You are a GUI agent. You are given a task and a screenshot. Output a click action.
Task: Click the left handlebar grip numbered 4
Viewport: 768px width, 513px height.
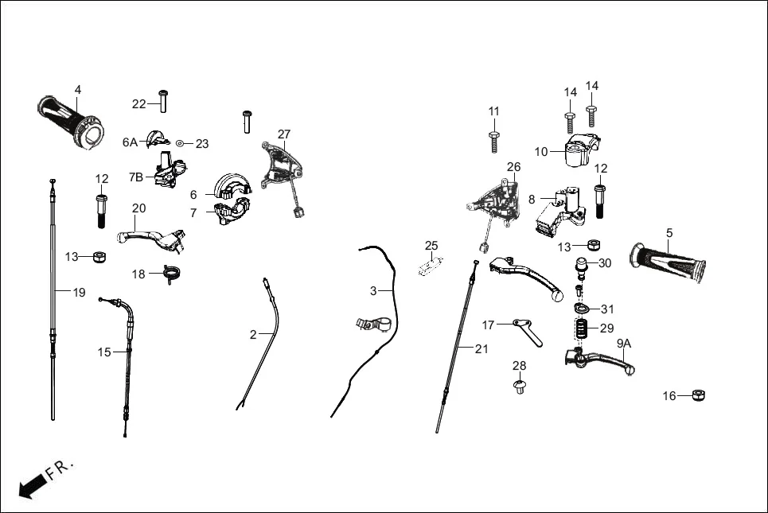point(70,121)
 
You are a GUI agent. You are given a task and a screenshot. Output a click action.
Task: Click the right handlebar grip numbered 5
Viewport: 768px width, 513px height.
point(667,262)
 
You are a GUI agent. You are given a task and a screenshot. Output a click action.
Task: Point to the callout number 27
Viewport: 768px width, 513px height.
point(284,134)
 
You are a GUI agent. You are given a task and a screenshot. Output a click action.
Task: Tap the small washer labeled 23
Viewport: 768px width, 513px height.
point(181,143)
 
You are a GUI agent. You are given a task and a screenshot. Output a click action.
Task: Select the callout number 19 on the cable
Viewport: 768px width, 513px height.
point(79,292)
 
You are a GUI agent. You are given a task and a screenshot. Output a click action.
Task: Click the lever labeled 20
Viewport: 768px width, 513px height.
point(151,235)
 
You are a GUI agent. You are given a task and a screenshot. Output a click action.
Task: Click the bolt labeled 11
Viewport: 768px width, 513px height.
point(494,141)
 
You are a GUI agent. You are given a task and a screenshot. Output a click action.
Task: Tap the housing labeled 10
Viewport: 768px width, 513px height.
point(577,151)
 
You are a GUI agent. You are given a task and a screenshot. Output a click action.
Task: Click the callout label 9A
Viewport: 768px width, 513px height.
point(623,344)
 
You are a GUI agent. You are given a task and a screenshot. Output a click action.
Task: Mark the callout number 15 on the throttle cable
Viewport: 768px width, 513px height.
point(104,352)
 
